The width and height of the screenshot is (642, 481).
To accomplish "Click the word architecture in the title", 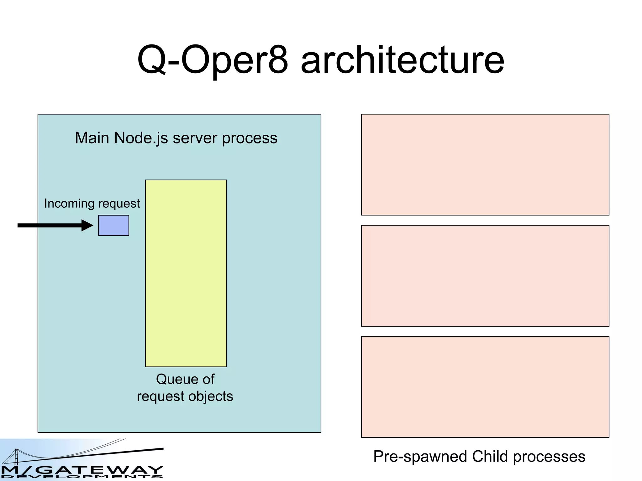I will tap(403, 60).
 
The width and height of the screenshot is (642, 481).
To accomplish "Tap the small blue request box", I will tap(113, 225).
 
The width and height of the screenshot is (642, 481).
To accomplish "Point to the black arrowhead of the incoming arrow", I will tap(87, 225).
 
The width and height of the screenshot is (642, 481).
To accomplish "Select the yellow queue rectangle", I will tap(186, 273).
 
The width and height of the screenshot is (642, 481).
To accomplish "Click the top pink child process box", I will tap(485, 165).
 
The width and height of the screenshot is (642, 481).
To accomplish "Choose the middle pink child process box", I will tap(485, 276).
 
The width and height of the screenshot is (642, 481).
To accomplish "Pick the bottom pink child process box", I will tap(485, 387).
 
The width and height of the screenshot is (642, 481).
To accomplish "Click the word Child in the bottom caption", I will tap(490, 457).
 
